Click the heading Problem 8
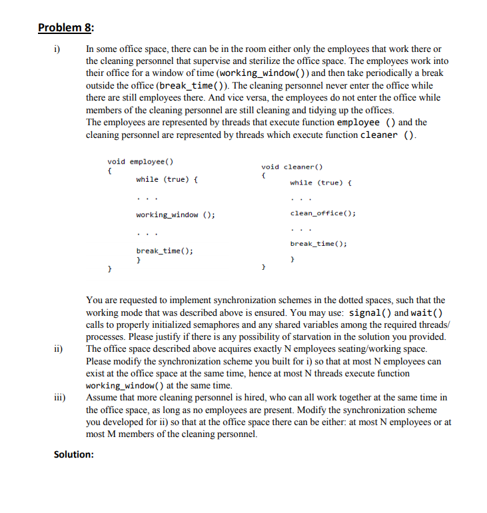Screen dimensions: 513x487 [x=67, y=27]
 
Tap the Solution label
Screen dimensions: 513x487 [x=73, y=454]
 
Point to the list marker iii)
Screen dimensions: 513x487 [x=59, y=397]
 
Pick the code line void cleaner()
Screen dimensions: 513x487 [x=292, y=167]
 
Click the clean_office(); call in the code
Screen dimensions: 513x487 [x=323, y=213]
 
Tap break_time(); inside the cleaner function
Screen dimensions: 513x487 [x=318, y=244]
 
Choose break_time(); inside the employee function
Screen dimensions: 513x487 [x=165, y=251]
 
